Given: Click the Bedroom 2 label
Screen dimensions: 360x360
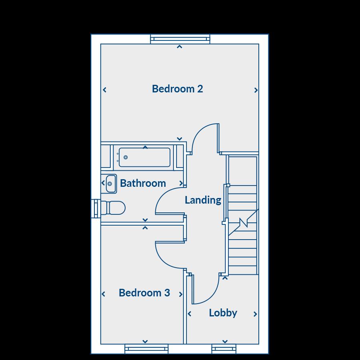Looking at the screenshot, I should (177, 89).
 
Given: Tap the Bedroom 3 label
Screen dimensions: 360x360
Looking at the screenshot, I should (144, 293).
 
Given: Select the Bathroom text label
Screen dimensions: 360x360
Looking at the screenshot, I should (143, 183).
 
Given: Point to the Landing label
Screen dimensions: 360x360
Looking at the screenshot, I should (203, 200).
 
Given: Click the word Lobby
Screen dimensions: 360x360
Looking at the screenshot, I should (223, 313).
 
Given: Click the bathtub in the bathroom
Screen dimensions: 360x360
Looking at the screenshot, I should (144, 157).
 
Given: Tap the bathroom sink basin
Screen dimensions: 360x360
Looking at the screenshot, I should (110, 184).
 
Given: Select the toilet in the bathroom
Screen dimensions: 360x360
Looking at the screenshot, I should (114, 208).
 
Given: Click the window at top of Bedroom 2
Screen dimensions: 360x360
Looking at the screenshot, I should (180, 39).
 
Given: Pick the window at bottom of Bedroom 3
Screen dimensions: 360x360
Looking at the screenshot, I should (146, 349).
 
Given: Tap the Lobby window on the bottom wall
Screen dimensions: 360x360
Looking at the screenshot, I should (224, 349).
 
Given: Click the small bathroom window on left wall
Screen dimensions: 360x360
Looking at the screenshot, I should (96, 209).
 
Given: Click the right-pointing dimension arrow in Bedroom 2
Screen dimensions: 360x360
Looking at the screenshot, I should (256, 90).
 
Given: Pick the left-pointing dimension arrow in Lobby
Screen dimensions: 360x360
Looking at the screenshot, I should (190, 314).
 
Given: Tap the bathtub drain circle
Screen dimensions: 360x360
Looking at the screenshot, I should (126, 157).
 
